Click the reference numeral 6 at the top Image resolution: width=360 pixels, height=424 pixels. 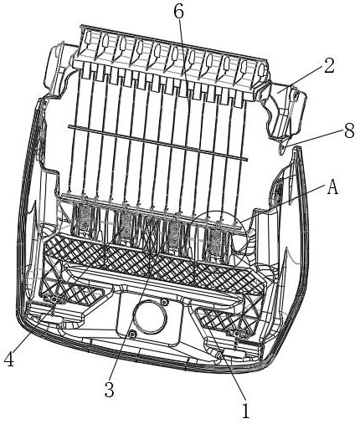click(178, 12)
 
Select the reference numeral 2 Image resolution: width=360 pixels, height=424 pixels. click(328, 66)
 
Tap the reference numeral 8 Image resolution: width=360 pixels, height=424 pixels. click(348, 130)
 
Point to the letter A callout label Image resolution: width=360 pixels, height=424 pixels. click(332, 188)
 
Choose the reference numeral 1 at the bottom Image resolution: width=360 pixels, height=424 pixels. click(245, 411)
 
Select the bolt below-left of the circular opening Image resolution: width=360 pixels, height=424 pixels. click(133, 334)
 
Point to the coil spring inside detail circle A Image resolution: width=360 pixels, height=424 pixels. click(216, 239)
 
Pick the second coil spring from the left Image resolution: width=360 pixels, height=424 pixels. click(126, 222)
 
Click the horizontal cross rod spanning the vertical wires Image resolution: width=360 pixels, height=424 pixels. click(158, 143)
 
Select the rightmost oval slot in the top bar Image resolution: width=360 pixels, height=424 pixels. click(261, 70)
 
